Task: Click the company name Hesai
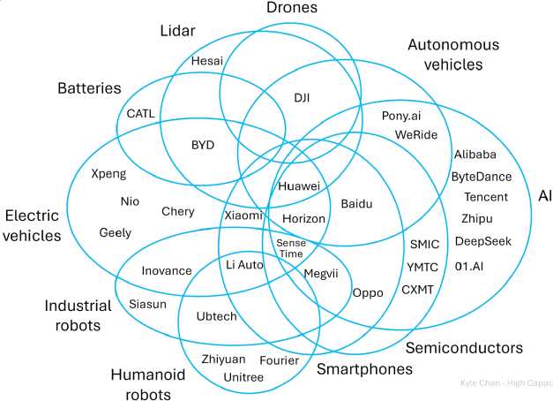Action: tap(207, 61)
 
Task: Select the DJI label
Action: tap(303, 98)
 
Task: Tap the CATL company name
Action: tap(140, 113)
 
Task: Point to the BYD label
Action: tap(202, 144)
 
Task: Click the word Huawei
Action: tap(299, 186)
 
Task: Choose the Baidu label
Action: tap(356, 203)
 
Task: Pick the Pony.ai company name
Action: tap(401, 116)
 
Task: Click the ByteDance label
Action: tap(482, 176)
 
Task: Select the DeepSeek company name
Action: tap(482, 240)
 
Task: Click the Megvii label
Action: tap(321, 273)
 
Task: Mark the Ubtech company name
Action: tap(216, 315)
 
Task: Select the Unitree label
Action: tap(243, 377)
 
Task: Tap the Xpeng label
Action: tap(108, 174)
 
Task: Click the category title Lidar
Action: tap(177, 31)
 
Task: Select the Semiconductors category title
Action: tap(464, 347)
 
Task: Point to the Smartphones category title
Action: tap(364, 369)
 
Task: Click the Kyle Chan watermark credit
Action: tap(505, 384)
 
